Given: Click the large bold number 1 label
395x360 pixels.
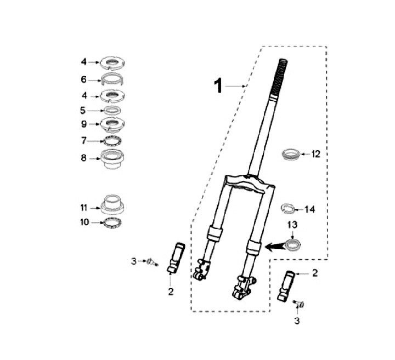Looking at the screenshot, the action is (218, 86).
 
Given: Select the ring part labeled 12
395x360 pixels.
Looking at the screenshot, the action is (291, 154).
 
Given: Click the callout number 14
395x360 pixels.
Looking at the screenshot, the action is (310, 209).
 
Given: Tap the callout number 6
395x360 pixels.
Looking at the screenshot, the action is (83, 79).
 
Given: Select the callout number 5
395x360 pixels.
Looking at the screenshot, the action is (83, 110).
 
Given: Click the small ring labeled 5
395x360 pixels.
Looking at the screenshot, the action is (112, 110).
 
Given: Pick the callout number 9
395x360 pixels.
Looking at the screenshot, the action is (83, 123).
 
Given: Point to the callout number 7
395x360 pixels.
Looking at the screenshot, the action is (83, 141).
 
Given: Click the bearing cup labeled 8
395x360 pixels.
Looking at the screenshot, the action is (112, 161).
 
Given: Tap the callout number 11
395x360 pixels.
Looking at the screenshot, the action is (83, 207).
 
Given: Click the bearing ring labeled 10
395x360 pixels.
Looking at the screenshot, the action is (112, 222).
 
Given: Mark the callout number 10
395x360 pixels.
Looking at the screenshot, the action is (83, 222).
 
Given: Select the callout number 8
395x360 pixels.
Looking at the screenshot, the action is (83, 157).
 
